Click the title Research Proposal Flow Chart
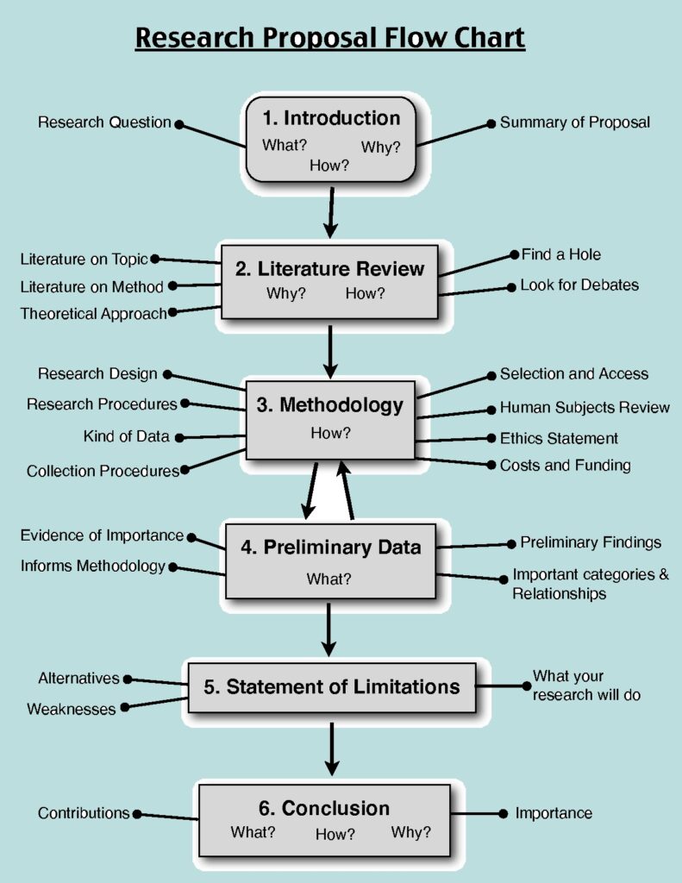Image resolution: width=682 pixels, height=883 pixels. click(329, 39)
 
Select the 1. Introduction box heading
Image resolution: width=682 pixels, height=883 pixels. click(330, 118)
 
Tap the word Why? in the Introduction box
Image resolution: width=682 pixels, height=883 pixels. click(380, 147)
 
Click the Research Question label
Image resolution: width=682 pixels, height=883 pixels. click(104, 122)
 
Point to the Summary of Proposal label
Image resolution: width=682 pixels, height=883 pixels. click(574, 122)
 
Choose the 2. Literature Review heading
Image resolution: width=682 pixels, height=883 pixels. click(330, 269)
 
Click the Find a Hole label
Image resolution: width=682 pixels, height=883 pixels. click(560, 254)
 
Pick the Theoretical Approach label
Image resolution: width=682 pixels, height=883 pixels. click(93, 314)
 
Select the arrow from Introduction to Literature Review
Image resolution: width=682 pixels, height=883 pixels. click(330, 211)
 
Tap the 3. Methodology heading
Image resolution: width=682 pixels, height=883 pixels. click(330, 404)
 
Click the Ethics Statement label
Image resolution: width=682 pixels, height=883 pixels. click(559, 438)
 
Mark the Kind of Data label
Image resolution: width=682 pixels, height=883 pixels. click(126, 436)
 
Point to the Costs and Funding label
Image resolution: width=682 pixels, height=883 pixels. click(565, 466)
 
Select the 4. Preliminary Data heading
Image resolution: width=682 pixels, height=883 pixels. click(330, 547)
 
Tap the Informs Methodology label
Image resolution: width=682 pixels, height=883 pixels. click(92, 567)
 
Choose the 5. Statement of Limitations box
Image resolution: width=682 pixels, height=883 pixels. click(332, 687)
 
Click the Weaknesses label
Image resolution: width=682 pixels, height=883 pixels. click(71, 710)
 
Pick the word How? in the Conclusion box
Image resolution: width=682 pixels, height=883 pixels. click(335, 834)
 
